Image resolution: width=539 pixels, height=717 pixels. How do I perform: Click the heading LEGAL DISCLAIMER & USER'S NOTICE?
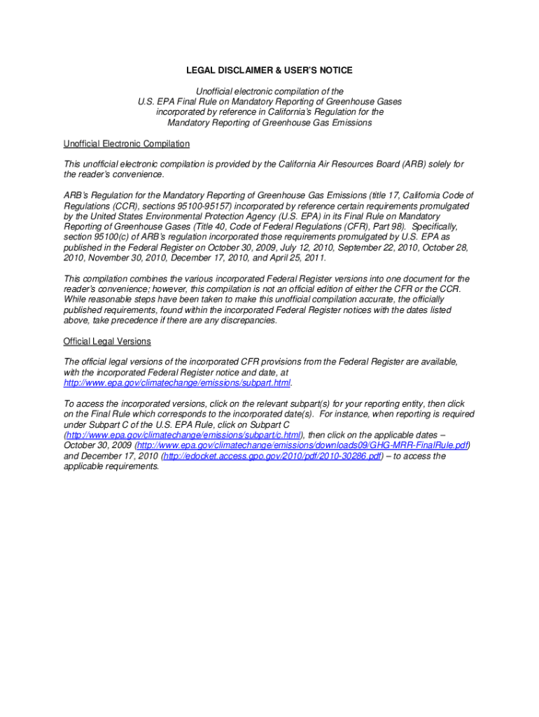(x=269, y=71)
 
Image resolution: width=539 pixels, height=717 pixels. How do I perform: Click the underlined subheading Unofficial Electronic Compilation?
(x=126, y=144)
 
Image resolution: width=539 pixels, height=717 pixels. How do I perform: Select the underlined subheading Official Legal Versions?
(x=107, y=342)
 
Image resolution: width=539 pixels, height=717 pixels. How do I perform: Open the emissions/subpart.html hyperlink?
(x=176, y=383)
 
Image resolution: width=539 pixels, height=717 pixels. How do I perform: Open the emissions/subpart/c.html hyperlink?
(x=183, y=435)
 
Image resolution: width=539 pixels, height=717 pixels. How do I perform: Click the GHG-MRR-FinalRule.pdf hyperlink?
(x=302, y=445)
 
